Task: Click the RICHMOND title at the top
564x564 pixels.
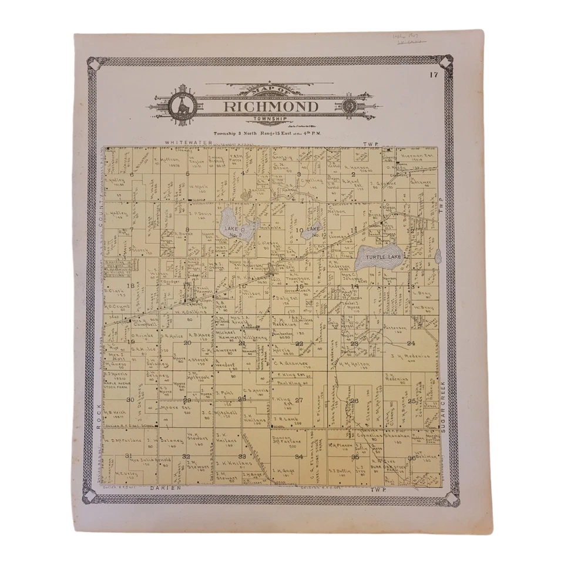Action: (270, 106)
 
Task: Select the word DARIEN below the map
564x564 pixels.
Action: (163, 488)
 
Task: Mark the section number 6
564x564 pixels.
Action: (132, 174)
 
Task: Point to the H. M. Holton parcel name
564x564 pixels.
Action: (355, 364)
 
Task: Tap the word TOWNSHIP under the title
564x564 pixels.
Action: (270, 119)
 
